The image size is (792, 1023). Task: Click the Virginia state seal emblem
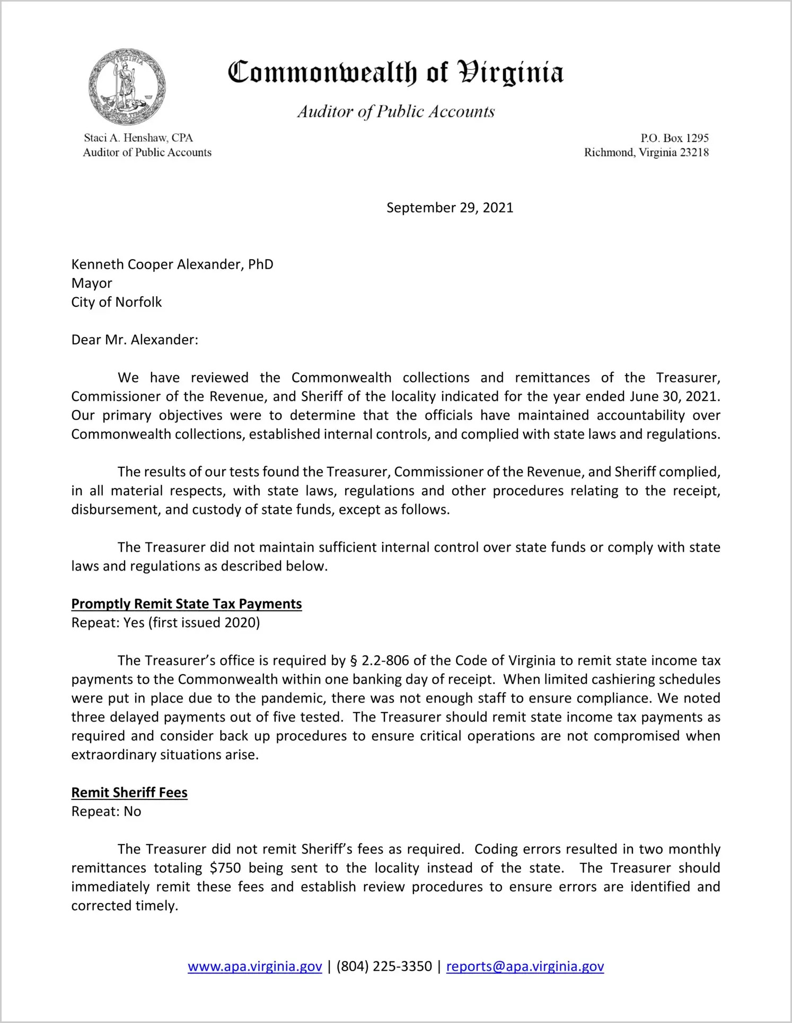pos(127,87)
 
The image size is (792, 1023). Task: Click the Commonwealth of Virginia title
pos(395,73)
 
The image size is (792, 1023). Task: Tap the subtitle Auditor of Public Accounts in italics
pos(395,112)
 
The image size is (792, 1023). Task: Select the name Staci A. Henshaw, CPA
pos(138,138)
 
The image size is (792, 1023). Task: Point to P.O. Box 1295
pos(674,138)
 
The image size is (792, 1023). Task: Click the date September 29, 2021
pos(450,208)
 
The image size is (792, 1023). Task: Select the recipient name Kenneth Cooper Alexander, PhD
pos(172,264)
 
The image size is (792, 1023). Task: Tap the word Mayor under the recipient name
pos(92,283)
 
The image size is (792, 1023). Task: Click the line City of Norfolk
pos(117,302)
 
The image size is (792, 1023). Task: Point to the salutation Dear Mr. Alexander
pos(135,340)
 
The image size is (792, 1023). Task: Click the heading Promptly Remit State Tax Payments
pos(187,604)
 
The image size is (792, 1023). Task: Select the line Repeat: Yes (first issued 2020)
pos(165,622)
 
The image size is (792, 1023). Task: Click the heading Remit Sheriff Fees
pos(129,793)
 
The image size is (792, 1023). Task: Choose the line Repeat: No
pos(106,812)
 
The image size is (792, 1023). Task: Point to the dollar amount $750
pos(225,868)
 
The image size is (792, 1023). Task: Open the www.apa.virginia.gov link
pos(255,966)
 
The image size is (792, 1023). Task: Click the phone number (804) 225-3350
pos(384,966)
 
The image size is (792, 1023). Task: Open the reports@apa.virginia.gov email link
pos(525,966)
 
